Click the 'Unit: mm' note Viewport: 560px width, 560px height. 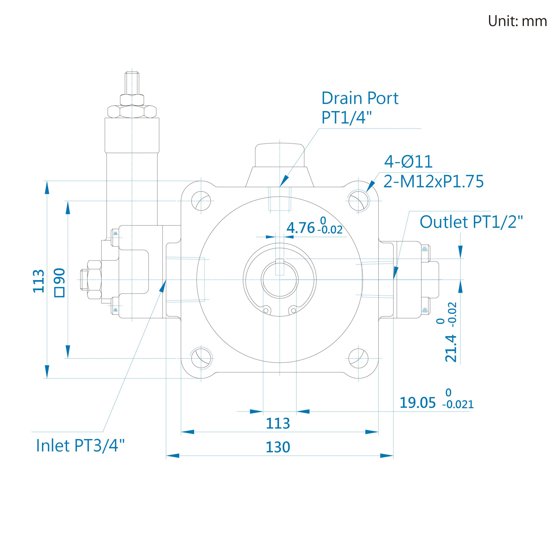click(x=517, y=21)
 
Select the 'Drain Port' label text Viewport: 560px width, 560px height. click(x=360, y=98)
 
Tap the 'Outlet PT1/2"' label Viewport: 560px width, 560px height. click(x=471, y=222)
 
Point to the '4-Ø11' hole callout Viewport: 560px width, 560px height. click(x=408, y=161)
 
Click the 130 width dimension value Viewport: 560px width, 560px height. click(x=278, y=447)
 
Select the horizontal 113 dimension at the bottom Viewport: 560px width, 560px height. click(x=278, y=423)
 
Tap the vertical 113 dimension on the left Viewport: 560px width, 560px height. click(x=38, y=281)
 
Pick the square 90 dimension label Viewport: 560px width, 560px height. click(x=60, y=282)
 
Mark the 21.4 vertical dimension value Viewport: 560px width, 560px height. click(x=451, y=348)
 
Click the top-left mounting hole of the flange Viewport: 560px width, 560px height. click(x=201, y=201)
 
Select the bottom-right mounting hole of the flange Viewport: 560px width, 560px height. click(x=359, y=359)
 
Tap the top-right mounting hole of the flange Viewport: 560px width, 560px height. click(x=359, y=201)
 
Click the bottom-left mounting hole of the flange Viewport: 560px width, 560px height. click(x=201, y=359)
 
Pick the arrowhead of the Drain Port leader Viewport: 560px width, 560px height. click(x=284, y=181)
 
